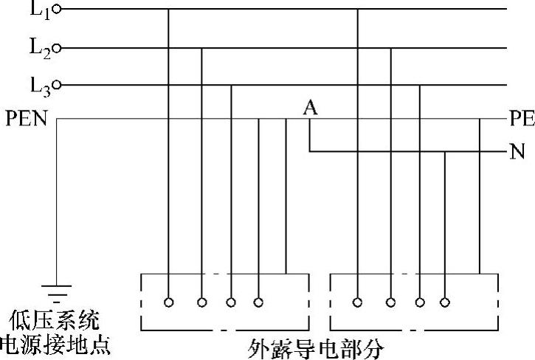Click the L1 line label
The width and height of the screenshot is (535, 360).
(x=40, y=9)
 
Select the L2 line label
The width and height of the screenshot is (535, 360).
(x=40, y=48)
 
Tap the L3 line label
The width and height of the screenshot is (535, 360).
(x=40, y=86)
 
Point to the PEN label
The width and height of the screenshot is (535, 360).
(x=26, y=118)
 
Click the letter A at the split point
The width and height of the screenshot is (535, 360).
(x=311, y=108)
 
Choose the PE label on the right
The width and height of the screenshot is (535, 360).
(x=522, y=118)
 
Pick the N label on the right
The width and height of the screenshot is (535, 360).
(x=517, y=153)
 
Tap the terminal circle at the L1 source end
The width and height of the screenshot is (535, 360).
(x=58, y=10)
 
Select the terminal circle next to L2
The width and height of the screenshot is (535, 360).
(x=58, y=49)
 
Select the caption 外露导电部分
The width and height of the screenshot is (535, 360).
(x=316, y=347)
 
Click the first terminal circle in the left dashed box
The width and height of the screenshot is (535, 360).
(x=169, y=302)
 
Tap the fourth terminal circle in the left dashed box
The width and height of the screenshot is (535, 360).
(x=258, y=302)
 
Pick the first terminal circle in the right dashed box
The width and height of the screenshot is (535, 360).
(x=358, y=302)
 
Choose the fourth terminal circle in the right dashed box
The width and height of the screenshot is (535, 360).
(x=444, y=302)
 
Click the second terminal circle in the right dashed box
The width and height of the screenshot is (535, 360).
(x=390, y=302)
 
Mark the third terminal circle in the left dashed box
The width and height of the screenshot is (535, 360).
(x=231, y=302)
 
